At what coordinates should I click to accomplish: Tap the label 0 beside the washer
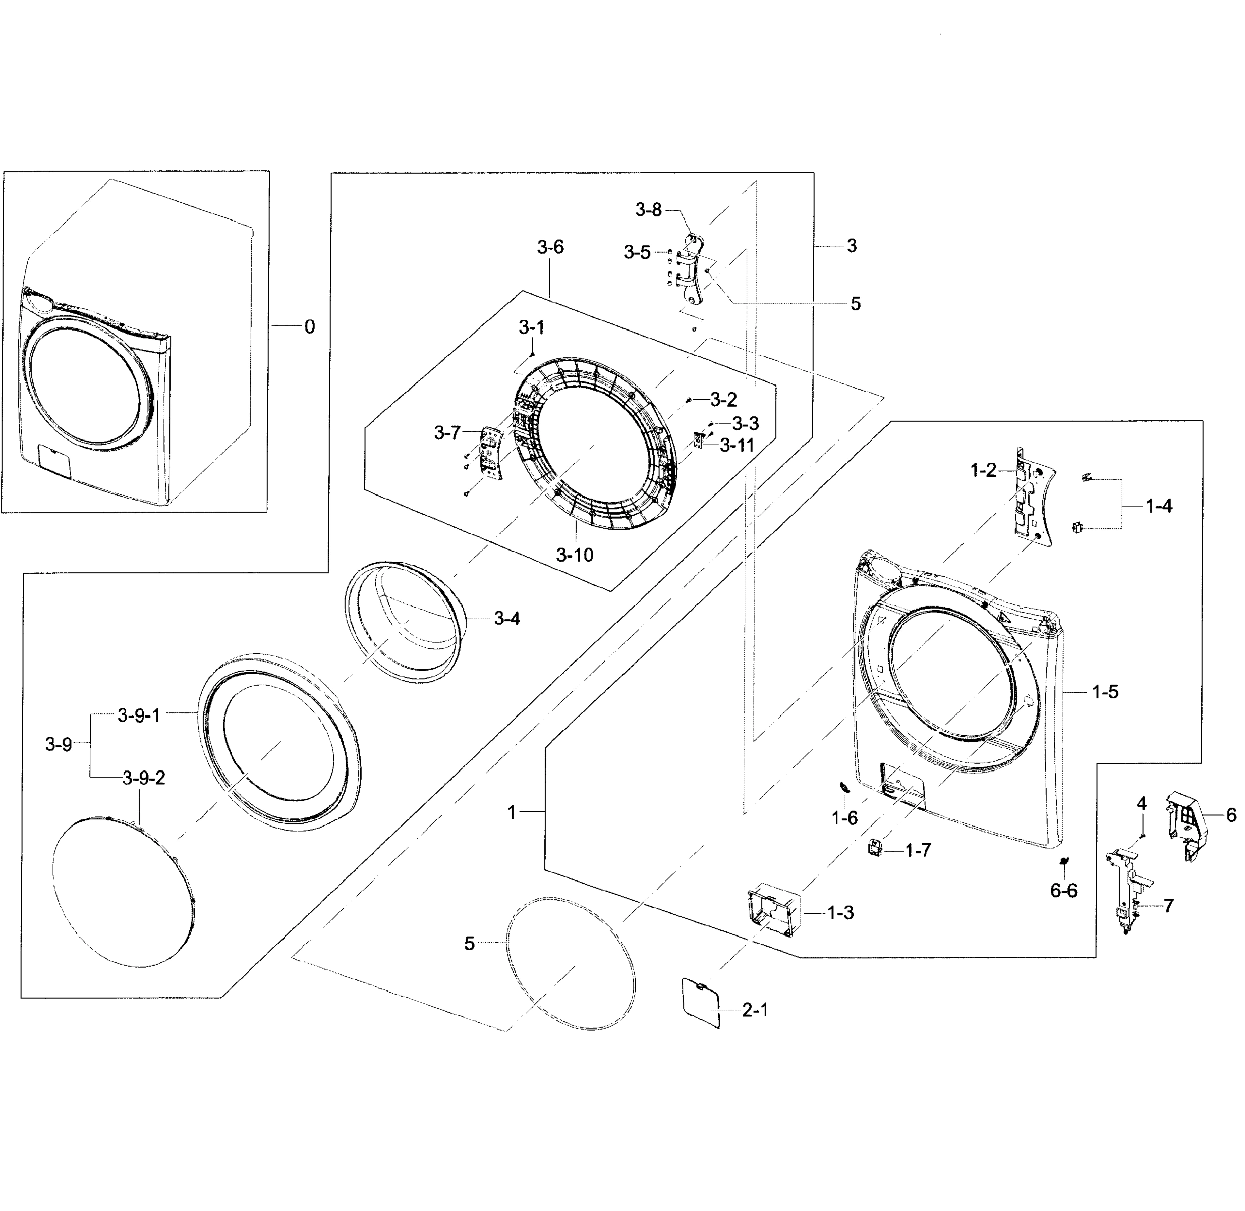309,327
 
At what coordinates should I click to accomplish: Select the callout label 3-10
574,555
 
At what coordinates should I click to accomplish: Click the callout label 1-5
1105,692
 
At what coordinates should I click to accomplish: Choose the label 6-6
1063,891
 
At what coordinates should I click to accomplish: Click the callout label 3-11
737,445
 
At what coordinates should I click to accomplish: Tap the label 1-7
918,850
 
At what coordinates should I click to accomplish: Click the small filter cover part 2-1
701,1003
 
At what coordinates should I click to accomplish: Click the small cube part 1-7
876,847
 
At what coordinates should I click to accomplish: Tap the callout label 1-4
1159,506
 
